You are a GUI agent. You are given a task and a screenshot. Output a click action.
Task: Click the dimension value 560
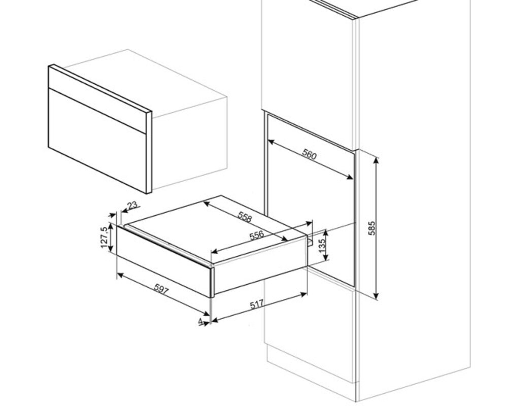tap(309, 154)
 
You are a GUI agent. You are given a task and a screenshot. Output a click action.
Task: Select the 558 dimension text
tap(245, 217)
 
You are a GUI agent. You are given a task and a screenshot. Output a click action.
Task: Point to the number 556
tap(257, 235)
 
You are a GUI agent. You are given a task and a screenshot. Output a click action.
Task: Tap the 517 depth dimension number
tap(257, 304)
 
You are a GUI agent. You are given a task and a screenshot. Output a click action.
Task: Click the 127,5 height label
tap(104, 237)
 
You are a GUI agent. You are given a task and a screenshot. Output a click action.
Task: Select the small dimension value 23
tap(132, 205)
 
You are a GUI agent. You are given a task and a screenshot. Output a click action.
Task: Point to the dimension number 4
tap(200, 321)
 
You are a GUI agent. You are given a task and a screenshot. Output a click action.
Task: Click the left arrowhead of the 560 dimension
tap(271, 142)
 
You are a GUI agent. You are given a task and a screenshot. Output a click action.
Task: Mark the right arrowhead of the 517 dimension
tap(304, 294)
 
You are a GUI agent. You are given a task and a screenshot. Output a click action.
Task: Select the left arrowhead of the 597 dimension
tap(120, 275)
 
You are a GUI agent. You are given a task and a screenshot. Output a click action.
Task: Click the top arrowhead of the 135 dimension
tap(326, 232)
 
